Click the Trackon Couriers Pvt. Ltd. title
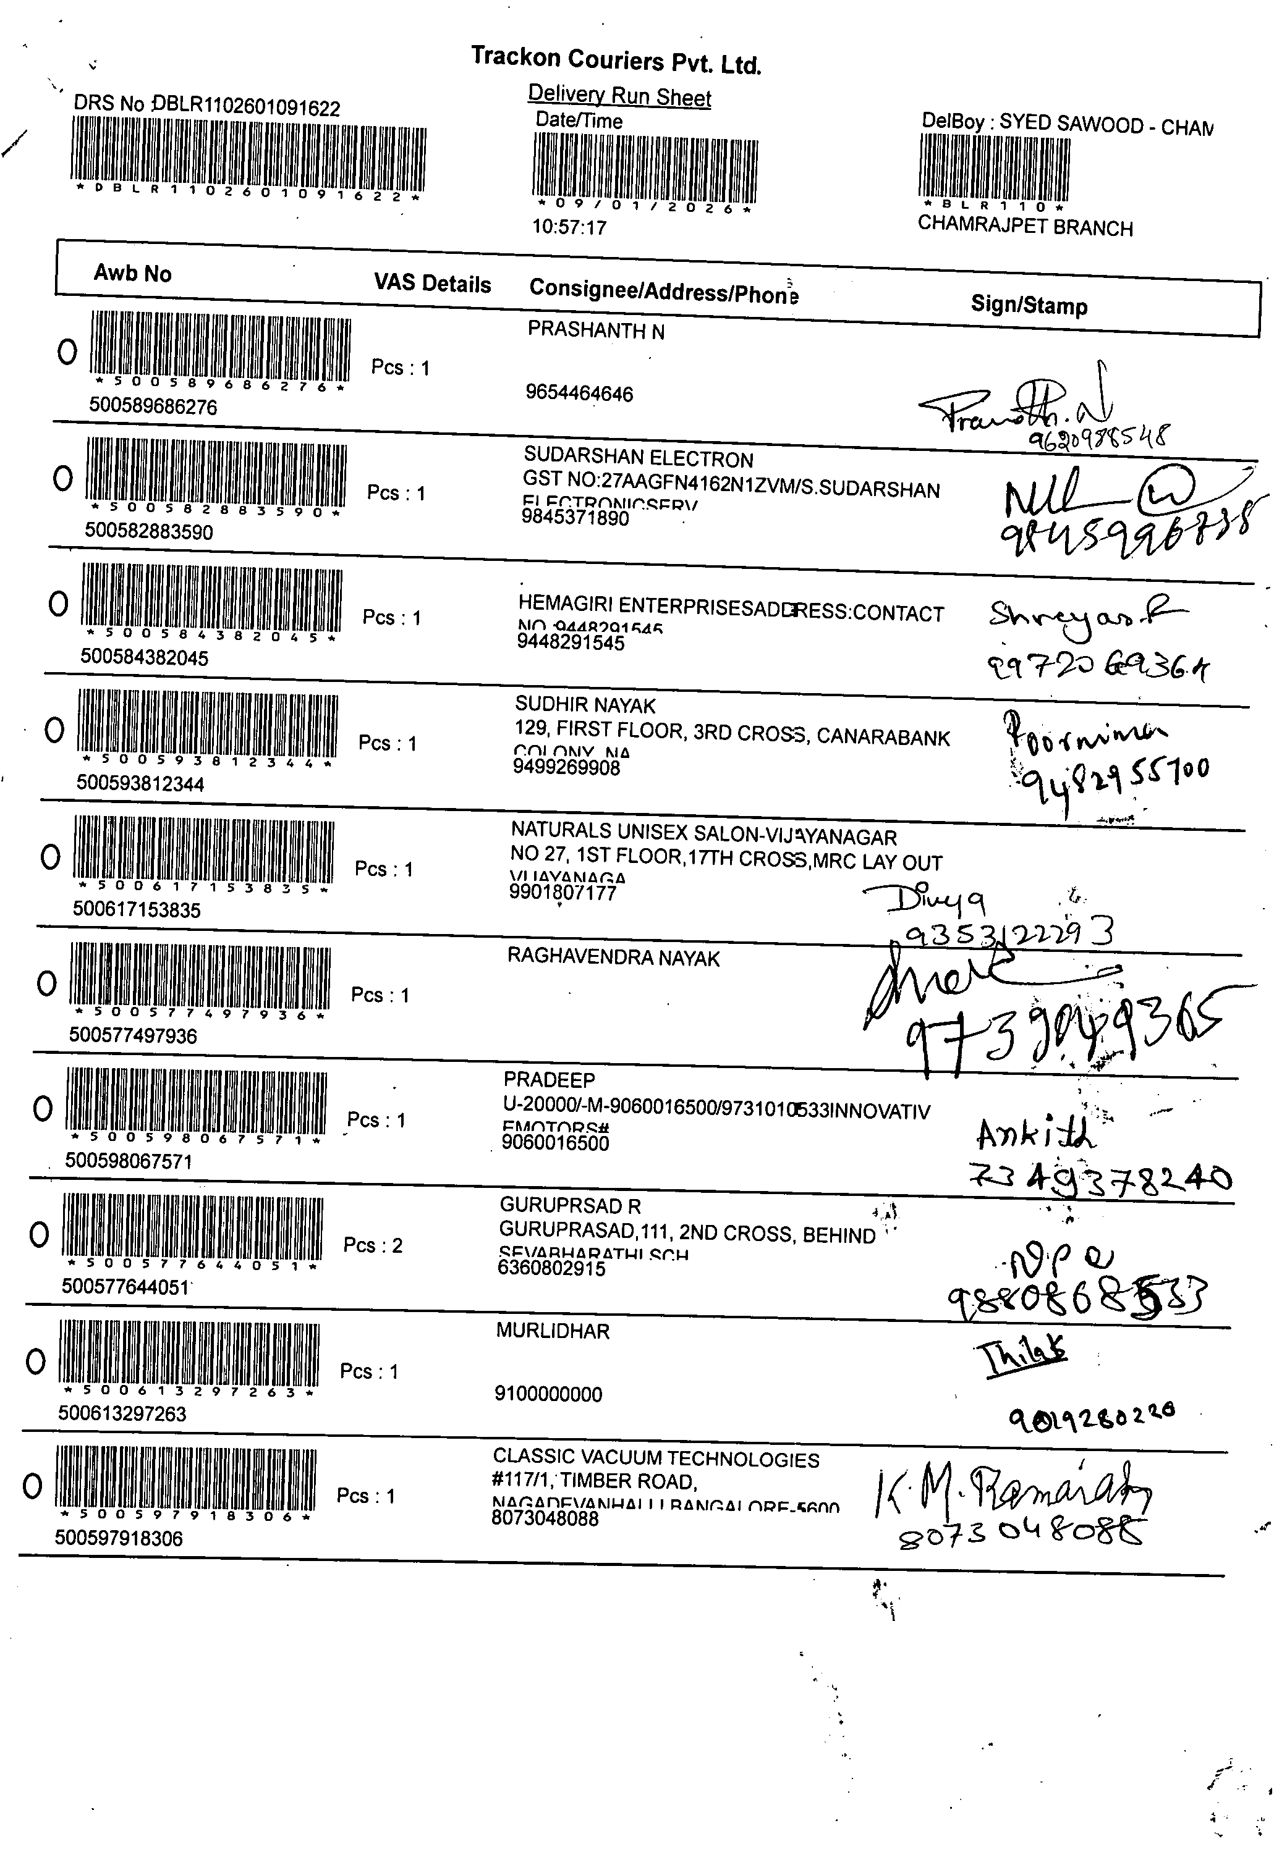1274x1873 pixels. pyautogui.click(x=616, y=60)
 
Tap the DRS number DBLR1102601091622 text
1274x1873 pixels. pyautogui.click(x=206, y=106)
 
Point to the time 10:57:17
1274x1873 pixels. pyautogui.click(x=569, y=227)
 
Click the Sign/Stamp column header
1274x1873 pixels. pyautogui.click(x=1028, y=305)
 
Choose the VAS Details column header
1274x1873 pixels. pyautogui.click(x=432, y=284)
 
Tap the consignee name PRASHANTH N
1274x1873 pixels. pyautogui.click(x=596, y=330)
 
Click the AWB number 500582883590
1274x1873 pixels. pyautogui.click(x=149, y=532)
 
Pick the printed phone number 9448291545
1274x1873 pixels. pyautogui.click(x=571, y=643)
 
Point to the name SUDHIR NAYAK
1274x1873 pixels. pyautogui.click(x=585, y=706)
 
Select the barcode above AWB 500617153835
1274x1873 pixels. pyautogui.click(x=203, y=851)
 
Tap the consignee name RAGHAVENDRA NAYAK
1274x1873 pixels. pyautogui.click(x=613, y=958)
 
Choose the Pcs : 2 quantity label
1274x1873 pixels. pyautogui.click(x=373, y=1245)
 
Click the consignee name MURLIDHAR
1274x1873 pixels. pyautogui.click(x=553, y=1331)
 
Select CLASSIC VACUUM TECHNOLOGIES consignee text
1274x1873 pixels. pyautogui.click(x=656, y=1458)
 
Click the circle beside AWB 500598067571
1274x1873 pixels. pyautogui.click(x=43, y=1109)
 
